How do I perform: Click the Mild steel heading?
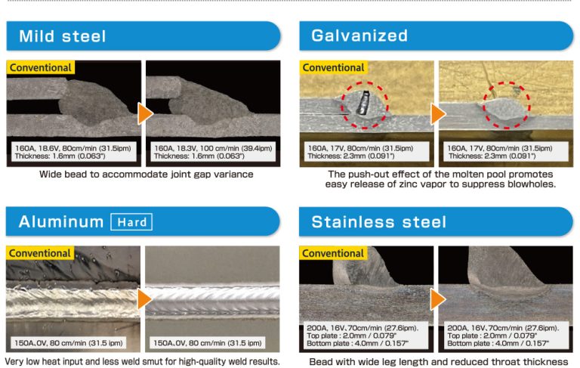coord(63,36)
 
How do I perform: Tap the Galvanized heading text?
coord(359,36)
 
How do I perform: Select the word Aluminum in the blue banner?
coord(61,221)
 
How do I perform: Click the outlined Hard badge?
coord(131,221)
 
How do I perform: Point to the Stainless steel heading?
coord(379,221)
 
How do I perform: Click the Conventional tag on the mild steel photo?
coord(41,67)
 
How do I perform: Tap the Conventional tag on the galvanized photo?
coord(333,67)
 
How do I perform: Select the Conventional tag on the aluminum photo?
coord(40,253)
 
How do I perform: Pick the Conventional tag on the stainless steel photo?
coord(333,253)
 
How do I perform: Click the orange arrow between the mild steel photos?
coord(145,113)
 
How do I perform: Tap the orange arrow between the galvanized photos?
coord(437,113)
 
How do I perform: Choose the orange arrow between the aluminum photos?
coord(144,299)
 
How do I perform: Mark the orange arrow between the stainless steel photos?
coord(437,299)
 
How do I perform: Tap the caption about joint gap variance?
coord(146,174)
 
